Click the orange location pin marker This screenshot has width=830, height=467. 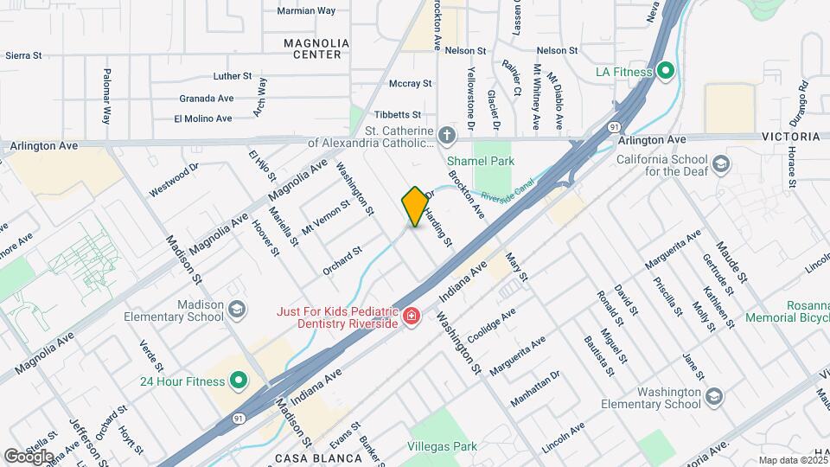pyautogui.click(x=415, y=206)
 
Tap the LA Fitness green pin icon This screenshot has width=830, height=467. pyautogui.click(x=665, y=71)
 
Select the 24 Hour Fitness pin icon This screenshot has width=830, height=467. pyautogui.click(x=237, y=380)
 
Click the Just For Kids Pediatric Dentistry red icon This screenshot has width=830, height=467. pyautogui.click(x=412, y=316)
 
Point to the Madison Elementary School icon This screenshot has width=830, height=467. pyautogui.click(x=236, y=310)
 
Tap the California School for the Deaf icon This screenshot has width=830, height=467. pyautogui.click(x=719, y=164)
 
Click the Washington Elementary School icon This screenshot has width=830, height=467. pyautogui.click(x=713, y=397)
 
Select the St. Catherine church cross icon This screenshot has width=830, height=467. pyautogui.click(x=446, y=136)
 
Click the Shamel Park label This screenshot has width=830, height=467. pyautogui.click(x=480, y=161)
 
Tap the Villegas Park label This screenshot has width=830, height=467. pyautogui.click(x=441, y=447)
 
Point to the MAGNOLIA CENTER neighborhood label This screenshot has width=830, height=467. pyautogui.click(x=316, y=48)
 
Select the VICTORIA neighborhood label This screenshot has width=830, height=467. pyautogui.click(x=790, y=138)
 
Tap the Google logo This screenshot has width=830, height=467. pyautogui.click(x=29, y=455)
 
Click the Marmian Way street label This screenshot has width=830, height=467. pyautogui.click(x=305, y=11)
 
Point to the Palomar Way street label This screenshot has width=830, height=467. pyautogui.click(x=107, y=96)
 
